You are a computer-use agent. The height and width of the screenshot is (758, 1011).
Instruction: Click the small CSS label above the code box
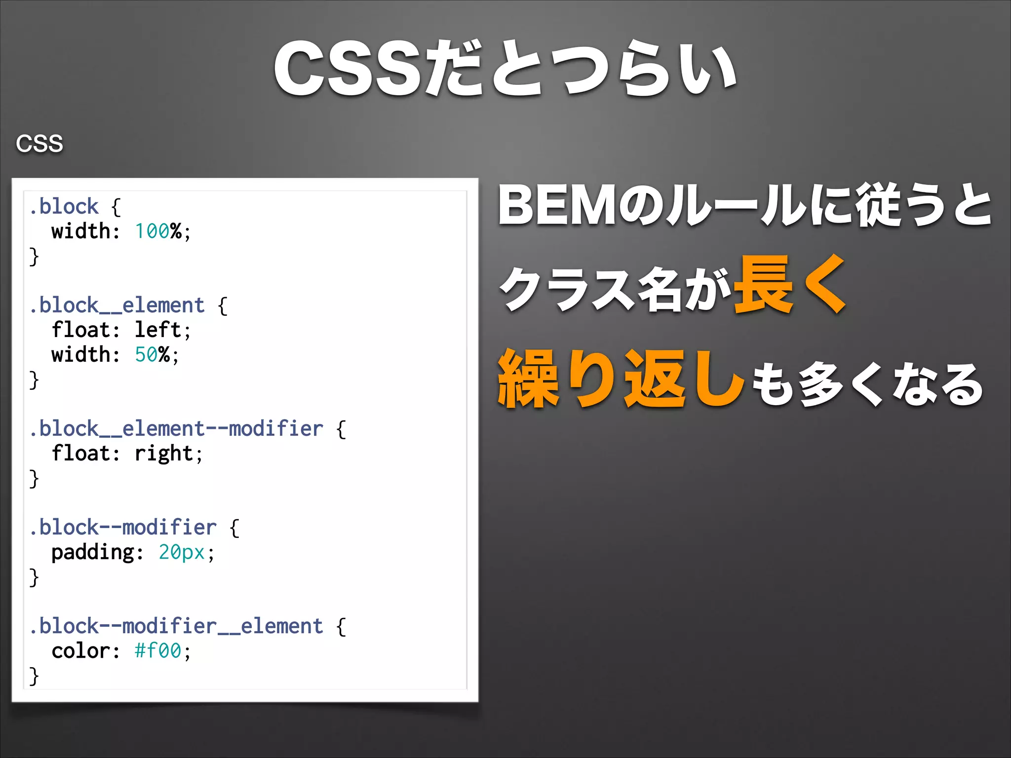[39, 144]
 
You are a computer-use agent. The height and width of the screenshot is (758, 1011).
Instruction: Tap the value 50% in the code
[152, 354]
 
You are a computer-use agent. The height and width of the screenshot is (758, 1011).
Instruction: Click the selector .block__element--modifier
[176, 428]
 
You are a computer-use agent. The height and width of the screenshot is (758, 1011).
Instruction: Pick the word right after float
[163, 453]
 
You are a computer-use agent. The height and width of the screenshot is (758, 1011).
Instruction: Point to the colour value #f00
[158, 650]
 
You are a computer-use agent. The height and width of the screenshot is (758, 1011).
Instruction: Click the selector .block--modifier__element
[176, 626]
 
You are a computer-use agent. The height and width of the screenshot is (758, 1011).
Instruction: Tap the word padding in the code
[92, 552]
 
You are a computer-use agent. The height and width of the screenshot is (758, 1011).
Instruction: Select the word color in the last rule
[80, 650]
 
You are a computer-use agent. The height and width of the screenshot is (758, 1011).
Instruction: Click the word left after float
[158, 330]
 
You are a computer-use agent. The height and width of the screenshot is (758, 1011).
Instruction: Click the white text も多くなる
[867, 384]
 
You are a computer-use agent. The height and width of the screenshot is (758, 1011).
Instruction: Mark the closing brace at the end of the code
[34, 675]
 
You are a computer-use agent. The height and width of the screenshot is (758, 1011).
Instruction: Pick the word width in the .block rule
[80, 231]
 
